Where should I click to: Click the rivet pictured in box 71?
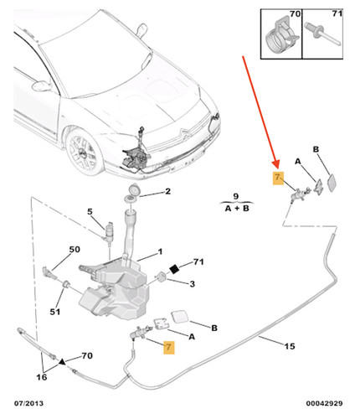coord(322,34)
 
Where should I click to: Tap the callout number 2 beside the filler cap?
coord(167,191)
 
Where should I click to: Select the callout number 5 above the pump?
coord(90,212)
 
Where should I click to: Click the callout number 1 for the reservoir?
coord(160,252)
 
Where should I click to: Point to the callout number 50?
coord(75,249)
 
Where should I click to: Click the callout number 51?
coord(55,312)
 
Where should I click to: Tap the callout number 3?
coord(192,284)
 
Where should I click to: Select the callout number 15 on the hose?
coord(290,346)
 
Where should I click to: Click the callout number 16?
coord(42,377)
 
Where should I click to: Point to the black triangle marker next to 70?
coord(62,362)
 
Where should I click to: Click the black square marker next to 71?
coord(175,269)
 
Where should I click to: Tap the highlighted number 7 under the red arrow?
coord(278,178)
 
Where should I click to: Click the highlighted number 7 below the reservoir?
coord(168,347)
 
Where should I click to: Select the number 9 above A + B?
coord(236,196)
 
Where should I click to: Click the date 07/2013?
coord(28,403)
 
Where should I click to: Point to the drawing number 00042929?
coord(324,403)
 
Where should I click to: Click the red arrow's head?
coord(276,164)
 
